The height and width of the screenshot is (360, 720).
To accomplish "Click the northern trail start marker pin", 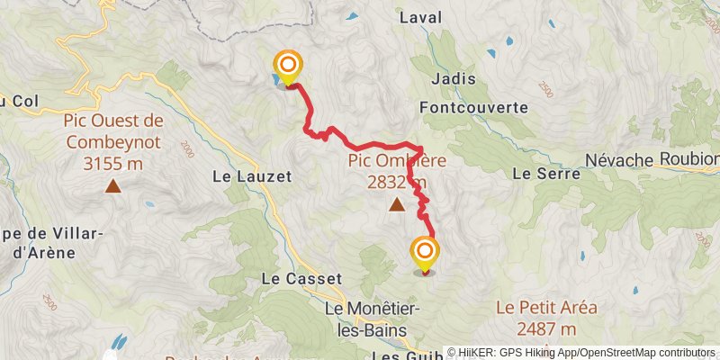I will (288, 67).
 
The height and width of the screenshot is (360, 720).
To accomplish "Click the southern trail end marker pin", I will (425, 252).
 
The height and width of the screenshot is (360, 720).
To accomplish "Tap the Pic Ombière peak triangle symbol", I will (397, 205).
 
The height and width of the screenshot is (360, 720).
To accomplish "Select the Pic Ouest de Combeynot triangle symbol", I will (113, 186).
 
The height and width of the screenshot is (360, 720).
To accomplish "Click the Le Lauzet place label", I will (253, 177).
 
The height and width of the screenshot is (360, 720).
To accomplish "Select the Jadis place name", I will (453, 79).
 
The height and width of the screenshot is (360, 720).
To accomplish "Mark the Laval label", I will (418, 17).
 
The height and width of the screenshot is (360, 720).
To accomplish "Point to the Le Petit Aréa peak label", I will (546, 308).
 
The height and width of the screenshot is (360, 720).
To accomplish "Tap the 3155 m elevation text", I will (113, 164).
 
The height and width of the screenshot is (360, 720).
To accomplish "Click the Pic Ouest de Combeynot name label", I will (113, 131).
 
